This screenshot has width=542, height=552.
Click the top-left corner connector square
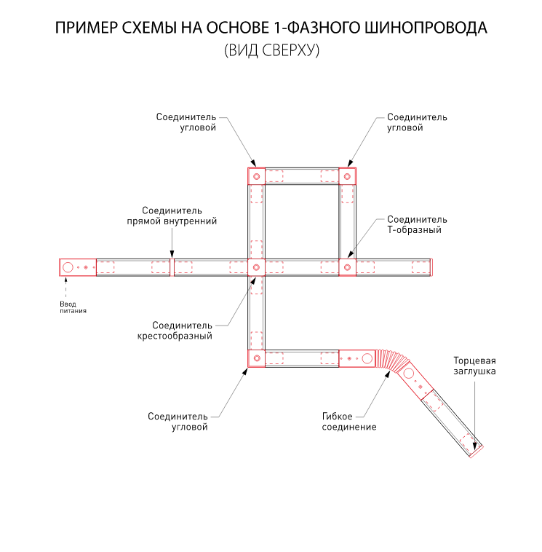tap(256, 176)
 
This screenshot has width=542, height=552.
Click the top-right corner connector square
tap(348, 176)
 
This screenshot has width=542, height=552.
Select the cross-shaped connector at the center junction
tap(256, 267)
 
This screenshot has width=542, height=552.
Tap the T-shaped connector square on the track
tap(348, 267)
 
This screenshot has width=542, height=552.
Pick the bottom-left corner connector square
tap(256, 358)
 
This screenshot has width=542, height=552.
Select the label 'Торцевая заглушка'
tap(475, 366)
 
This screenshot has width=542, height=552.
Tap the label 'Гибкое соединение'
tap(349, 422)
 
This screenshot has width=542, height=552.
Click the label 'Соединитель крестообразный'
tap(182, 331)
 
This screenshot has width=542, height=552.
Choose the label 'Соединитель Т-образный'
tap(416, 224)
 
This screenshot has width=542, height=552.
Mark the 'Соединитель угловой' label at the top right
tap(416, 122)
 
